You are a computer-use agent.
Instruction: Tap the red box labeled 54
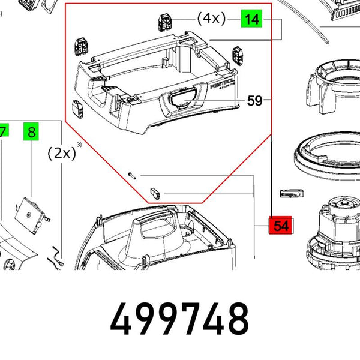[280, 226]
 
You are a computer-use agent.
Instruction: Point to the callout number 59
[255, 101]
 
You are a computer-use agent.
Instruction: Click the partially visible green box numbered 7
[3, 132]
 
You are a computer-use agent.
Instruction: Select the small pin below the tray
[133, 175]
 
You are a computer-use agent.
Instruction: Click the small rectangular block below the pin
[154, 191]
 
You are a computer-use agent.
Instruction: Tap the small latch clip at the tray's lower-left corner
[78, 109]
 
